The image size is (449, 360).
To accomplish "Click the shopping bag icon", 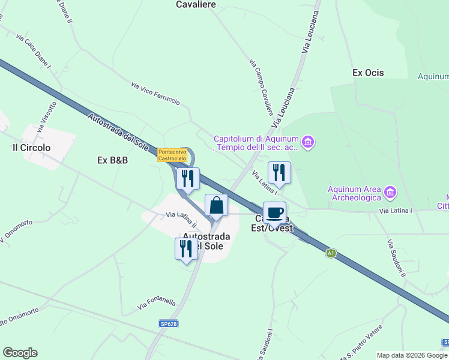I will (x=216, y=205).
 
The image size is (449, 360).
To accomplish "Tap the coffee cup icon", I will (x=274, y=212).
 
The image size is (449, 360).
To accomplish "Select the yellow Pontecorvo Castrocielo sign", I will (x=173, y=155).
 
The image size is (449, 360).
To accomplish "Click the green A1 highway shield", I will (x=330, y=253).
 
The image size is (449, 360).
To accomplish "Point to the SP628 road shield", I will (x=169, y=323).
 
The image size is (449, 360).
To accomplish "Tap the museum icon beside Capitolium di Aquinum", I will (x=308, y=142).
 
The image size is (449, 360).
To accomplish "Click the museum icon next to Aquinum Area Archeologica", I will (x=390, y=192).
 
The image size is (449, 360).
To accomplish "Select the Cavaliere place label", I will (x=196, y=4).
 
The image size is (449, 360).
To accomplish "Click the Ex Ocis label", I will (x=368, y=73).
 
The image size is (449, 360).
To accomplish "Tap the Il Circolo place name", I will (x=32, y=147).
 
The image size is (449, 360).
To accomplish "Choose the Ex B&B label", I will (x=113, y=160).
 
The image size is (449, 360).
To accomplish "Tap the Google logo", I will (x=20, y=353).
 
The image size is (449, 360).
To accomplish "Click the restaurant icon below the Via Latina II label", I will (x=186, y=248).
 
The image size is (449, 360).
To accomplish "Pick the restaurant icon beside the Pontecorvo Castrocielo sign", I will (x=188, y=178).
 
